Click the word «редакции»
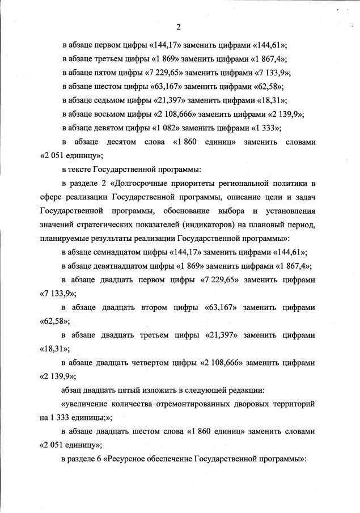tap(222, 389)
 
